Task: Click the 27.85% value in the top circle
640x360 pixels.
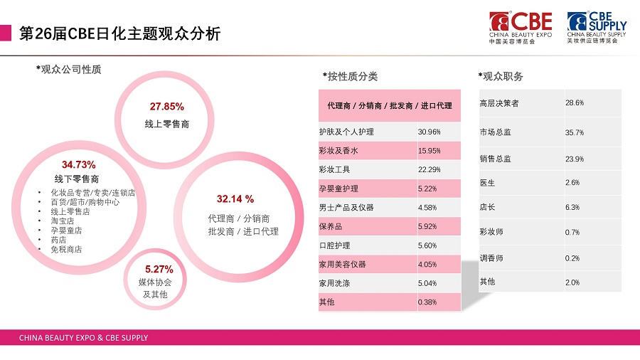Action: pyautogui.click(x=166, y=107)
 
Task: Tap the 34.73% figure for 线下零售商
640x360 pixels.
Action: pyautogui.click(x=78, y=165)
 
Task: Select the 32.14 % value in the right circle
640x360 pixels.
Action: pyautogui.click(x=235, y=198)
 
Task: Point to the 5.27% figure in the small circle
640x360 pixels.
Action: pyautogui.click(x=159, y=269)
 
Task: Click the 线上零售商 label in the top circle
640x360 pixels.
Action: pyautogui.click(x=166, y=124)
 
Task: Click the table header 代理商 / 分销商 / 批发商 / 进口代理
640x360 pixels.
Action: pyautogui.click(x=390, y=105)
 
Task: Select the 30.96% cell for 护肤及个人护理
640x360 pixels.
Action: pyautogui.click(x=430, y=132)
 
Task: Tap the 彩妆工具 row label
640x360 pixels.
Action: pyautogui.click(x=335, y=170)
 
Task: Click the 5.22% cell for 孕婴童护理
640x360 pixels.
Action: pyautogui.click(x=427, y=189)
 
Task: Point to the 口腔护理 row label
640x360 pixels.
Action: pyautogui.click(x=335, y=245)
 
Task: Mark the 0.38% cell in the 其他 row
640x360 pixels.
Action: pyautogui.click(x=427, y=302)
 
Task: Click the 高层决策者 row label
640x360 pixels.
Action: pyautogui.click(x=500, y=103)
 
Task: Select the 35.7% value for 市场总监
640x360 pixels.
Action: pyautogui.click(x=575, y=132)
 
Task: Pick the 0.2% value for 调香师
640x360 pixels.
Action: pyautogui.click(x=572, y=258)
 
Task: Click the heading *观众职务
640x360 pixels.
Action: pyautogui.click(x=501, y=76)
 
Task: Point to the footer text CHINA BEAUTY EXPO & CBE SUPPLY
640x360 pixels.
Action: pyautogui.click(x=83, y=338)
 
